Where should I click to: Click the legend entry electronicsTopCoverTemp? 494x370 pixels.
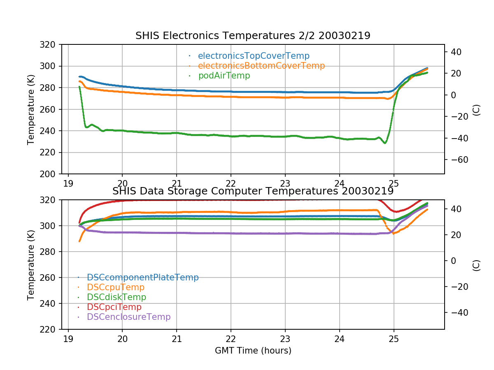click(x=254, y=56)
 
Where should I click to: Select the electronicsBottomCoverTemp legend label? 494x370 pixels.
click(x=261, y=66)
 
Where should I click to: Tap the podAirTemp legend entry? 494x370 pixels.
click(x=224, y=76)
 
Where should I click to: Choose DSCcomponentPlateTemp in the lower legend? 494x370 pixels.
click(x=143, y=277)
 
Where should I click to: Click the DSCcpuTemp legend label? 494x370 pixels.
click(x=116, y=287)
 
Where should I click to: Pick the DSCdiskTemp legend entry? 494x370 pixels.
click(x=117, y=297)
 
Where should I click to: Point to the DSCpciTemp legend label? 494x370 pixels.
click(x=114, y=307)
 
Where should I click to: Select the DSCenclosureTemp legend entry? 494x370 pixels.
click(x=128, y=317)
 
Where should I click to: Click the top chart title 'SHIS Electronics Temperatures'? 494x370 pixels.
click(x=253, y=36)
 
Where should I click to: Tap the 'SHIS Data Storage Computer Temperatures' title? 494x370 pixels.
click(x=253, y=191)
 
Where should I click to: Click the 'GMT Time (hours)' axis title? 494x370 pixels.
click(x=253, y=351)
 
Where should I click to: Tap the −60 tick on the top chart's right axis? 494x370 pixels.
click(x=455, y=160)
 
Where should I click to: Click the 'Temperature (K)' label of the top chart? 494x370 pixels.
click(x=31, y=109)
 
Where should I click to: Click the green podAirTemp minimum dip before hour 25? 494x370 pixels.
click(x=385, y=143)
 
